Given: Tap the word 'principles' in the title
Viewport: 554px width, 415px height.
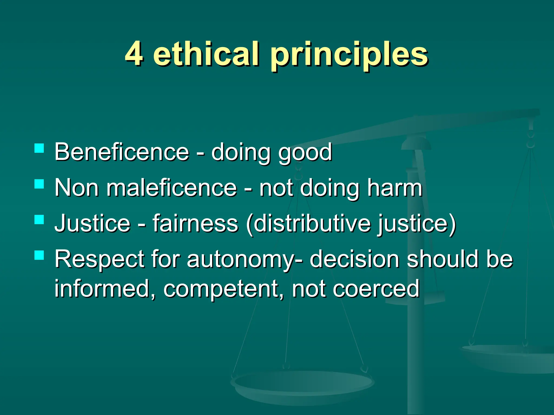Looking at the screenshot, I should tap(349, 55).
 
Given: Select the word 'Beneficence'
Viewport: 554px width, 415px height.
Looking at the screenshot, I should tap(121, 152).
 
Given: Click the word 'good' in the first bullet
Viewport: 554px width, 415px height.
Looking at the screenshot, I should tap(305, 153).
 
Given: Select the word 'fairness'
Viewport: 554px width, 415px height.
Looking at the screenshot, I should tap(195, 223).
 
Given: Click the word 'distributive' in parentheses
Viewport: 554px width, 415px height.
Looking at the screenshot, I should tap(312, 223).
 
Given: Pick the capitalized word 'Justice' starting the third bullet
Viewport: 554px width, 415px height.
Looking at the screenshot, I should tap(92, 223).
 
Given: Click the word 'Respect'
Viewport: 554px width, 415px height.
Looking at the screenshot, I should tap(99, 259).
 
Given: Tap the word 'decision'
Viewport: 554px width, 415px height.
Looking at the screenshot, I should tap(354, 259).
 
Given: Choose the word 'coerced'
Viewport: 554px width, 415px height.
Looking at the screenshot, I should tap(376, 289).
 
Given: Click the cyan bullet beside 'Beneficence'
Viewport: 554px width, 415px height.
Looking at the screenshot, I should tap(39, 148).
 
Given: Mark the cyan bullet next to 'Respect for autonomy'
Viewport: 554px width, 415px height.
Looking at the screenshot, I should tap(39, 255).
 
